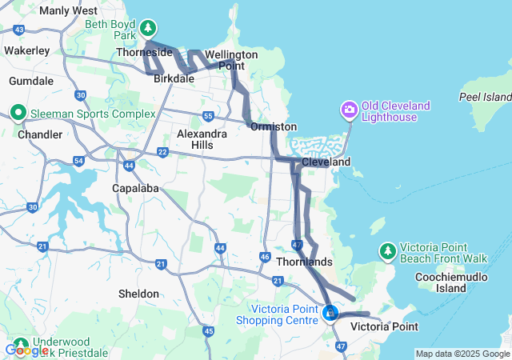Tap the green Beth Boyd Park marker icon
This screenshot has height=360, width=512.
(147, 29)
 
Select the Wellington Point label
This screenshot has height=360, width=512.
(231, 60)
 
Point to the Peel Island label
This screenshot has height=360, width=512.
(484, 97)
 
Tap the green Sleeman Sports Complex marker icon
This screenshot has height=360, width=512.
(18, 113)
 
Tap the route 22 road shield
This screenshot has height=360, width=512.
(162, 151)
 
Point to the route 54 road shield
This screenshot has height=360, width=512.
(78, 162)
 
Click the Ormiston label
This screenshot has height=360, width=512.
(274, 126)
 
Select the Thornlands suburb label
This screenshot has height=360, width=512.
(304, 262)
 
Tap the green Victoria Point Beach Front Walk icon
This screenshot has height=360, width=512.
(387, 250)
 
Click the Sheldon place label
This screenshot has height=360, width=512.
(138, 294)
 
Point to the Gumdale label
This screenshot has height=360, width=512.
(31, 81)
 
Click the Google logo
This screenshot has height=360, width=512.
(26, 350)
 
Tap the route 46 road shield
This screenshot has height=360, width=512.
(265, 257)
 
